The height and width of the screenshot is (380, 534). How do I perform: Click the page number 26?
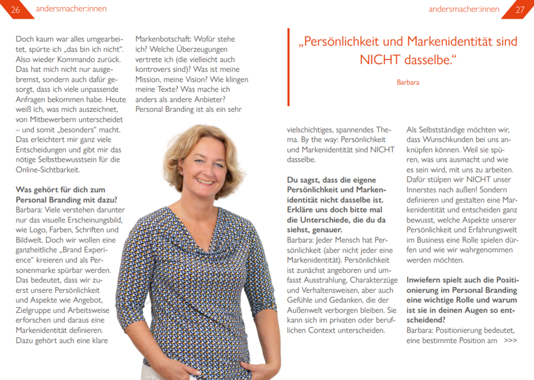[15, 9]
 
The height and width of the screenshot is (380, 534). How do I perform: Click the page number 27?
[519, 9]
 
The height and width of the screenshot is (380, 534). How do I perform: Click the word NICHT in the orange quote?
[380, 60]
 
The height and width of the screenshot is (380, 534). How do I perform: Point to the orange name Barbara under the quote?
[408, 82]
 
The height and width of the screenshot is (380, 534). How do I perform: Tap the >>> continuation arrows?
[511, 340]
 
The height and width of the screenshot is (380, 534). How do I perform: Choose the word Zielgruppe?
[35, 310]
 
